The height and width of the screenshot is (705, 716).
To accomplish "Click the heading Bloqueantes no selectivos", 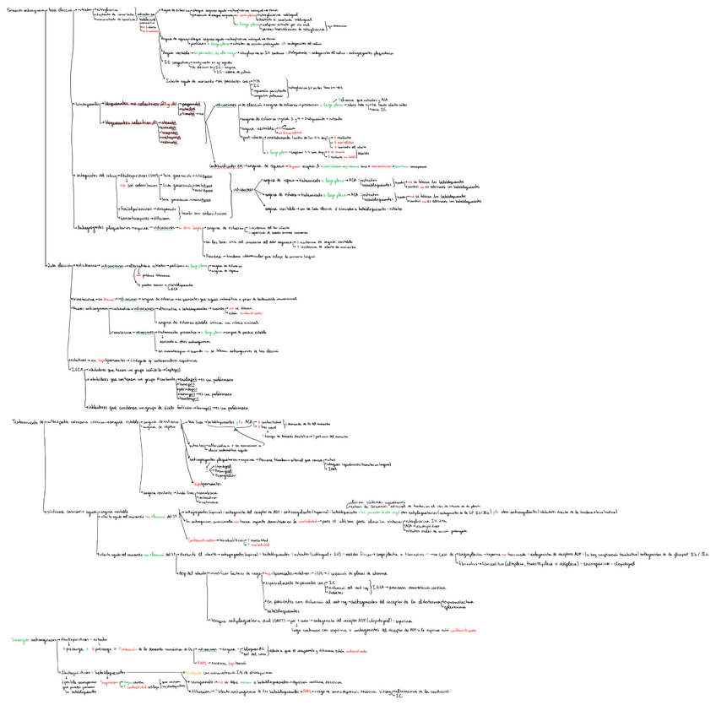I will pyautogui.click(x=132, y=105).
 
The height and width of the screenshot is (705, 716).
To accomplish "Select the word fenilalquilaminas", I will pyautogui.click(x=136, y=207).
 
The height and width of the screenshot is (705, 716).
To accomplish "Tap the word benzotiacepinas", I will pyautogui.click(x=136, y=217).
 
